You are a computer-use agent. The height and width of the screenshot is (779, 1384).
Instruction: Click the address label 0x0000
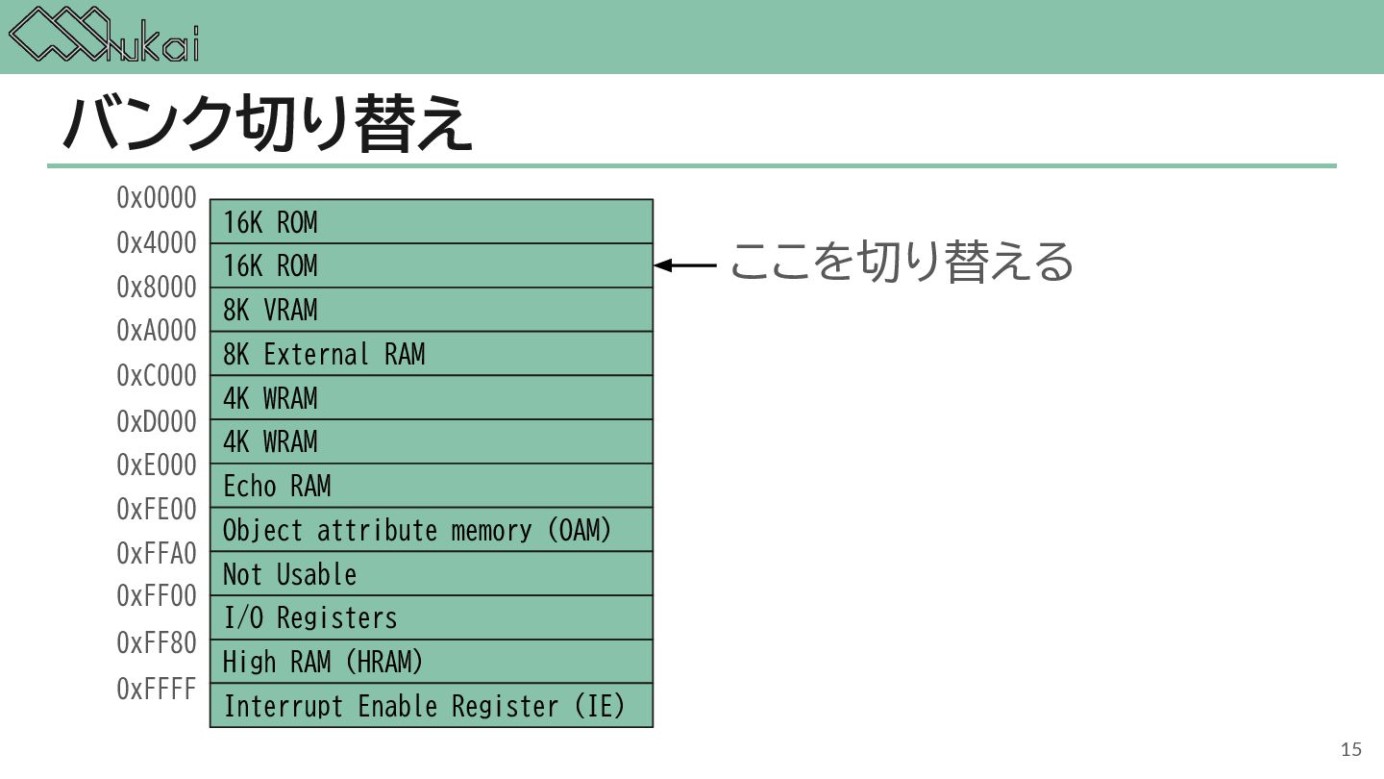[x=157, y=198]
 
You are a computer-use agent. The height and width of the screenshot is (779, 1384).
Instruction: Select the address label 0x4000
[x=157, y=243]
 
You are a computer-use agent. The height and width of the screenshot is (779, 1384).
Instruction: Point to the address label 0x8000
[x=157, y=288]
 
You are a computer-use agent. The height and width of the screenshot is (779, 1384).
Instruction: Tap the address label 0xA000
[x=157, y=331]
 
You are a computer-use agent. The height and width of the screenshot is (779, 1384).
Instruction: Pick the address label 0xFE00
[x=157, y=509]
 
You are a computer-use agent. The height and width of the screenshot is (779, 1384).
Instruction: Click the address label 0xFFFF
[x=157, y=690]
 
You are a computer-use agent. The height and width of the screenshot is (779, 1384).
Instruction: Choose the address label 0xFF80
[x=157, y=642]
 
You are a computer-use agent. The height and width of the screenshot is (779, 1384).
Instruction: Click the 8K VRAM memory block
[x=431, y=310]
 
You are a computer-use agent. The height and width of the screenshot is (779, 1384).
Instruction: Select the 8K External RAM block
[x=431, y=354]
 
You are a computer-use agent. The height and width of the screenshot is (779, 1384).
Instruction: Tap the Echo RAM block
[x=431, y=486]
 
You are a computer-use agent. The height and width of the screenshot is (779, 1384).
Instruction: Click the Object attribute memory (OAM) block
[x=431, y=530]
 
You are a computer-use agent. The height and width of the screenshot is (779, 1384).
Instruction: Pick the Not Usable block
[x=431, y=574]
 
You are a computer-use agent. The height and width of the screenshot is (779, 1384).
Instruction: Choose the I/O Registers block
[x=431, y=617]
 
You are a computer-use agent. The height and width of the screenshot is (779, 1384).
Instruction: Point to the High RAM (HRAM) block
[x=431, y=662]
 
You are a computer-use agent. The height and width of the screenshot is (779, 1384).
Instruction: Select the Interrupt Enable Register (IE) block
[x=431, y=706]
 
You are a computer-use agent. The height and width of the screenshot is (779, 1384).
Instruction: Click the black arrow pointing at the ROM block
[x=685, y=265]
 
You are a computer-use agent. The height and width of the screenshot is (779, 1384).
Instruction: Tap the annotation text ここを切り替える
[x=901, y=262]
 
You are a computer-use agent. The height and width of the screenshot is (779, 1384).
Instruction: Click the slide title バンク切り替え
[x=268, y=124]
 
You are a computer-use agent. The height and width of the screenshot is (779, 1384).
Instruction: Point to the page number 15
[x=1351, y=750]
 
